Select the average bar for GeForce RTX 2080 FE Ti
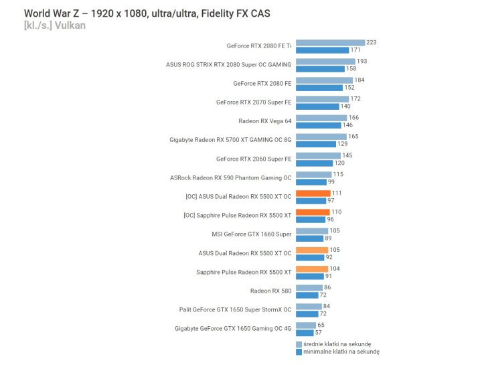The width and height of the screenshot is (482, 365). coord(330,43)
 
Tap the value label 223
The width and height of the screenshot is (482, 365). coord(371,43)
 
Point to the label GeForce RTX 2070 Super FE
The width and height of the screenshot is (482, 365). coord(254,102)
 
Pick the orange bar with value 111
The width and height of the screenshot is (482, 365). coord(313,194)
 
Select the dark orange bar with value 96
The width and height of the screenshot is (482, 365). coord(310,220)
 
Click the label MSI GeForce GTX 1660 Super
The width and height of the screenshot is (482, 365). coord(251,234)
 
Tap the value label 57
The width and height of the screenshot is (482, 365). coord(319,333)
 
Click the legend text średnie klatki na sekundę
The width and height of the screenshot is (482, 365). coord(337,344)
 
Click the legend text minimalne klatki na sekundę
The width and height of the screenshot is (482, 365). coord(341,351)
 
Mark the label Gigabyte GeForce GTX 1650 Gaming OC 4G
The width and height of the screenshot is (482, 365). coord(233,329)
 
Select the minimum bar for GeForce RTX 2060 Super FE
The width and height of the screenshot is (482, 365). coord(314,163)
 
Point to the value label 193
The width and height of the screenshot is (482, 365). coord(361,62)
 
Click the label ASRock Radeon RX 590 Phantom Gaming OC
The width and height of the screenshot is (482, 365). coord(231,178)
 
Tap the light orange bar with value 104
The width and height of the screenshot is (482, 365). coord(311,269)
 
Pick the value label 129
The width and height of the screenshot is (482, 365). coord(342,144)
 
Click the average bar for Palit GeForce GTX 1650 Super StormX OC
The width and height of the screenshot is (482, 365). coord(309,306)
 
